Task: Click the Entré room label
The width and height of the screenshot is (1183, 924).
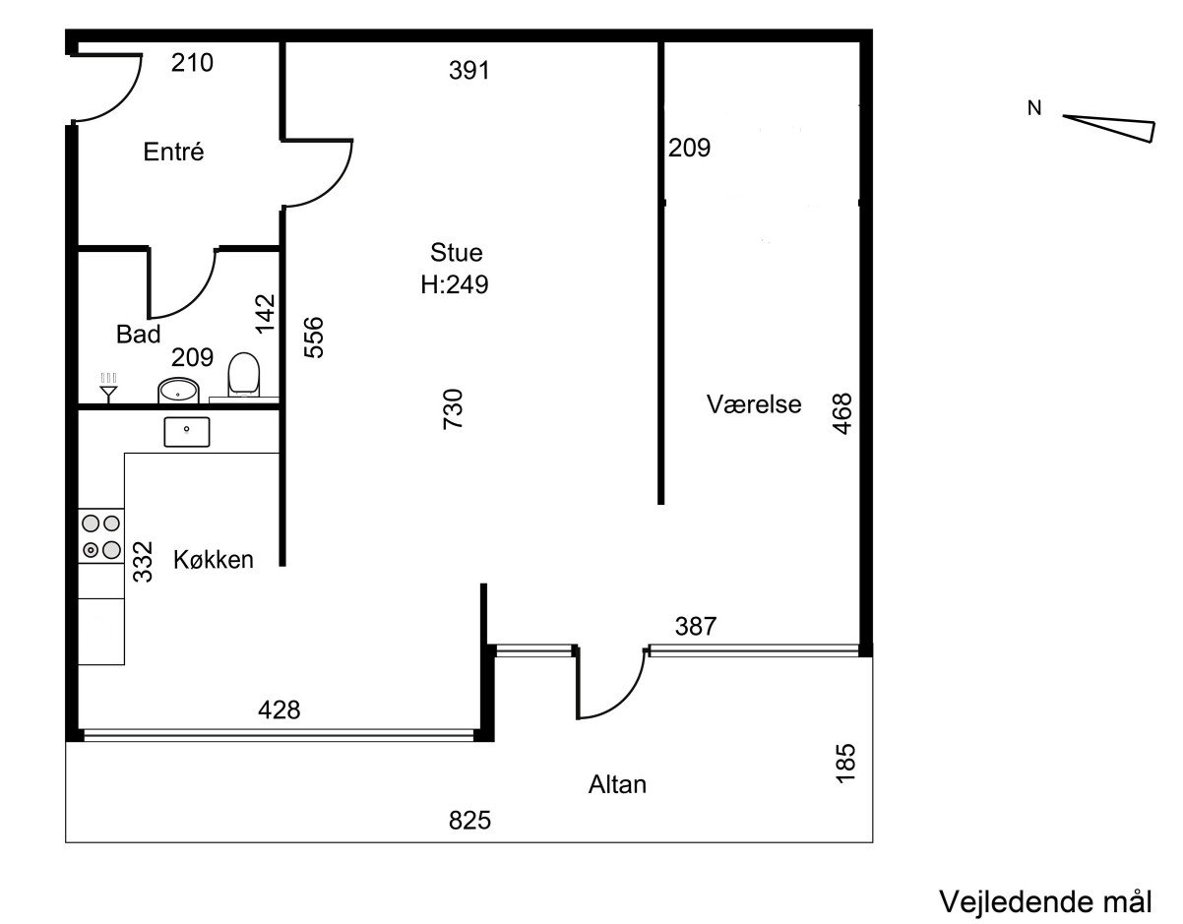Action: [x=173, y=152]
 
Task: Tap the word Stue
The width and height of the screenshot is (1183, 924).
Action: [x=457, y=253]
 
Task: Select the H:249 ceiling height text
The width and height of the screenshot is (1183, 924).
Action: [x=455, y=284]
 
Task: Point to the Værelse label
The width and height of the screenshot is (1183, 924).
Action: [x=754, y=404]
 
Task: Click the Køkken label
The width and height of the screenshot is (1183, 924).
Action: [x=214, y=559]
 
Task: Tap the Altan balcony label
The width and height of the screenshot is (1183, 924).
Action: [x=617, y=784]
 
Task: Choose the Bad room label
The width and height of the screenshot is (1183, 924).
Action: [x=139, y=335]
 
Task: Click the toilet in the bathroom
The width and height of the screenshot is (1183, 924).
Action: [x=243, y=374]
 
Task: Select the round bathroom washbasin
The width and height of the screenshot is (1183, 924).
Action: [x=177, y=391]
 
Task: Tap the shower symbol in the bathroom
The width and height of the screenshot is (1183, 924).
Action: [x=109, y=388]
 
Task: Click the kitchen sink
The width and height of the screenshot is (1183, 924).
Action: [x=187, y=432]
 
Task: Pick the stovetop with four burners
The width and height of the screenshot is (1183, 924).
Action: [x=101, y=536]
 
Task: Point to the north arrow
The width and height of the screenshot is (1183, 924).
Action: [x=1108, y=129]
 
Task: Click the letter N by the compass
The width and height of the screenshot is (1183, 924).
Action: [x=1034, y=109]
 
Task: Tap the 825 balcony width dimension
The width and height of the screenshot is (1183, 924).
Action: [x=469, y=820]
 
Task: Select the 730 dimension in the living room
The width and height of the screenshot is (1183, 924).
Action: [x=453, y=409]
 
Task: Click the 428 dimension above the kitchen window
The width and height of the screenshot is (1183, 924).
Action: [x=280, y=709]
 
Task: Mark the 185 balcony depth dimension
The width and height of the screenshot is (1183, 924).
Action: [x=845, y=764]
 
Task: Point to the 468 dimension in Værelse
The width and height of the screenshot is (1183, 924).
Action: [x=841, y=413]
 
